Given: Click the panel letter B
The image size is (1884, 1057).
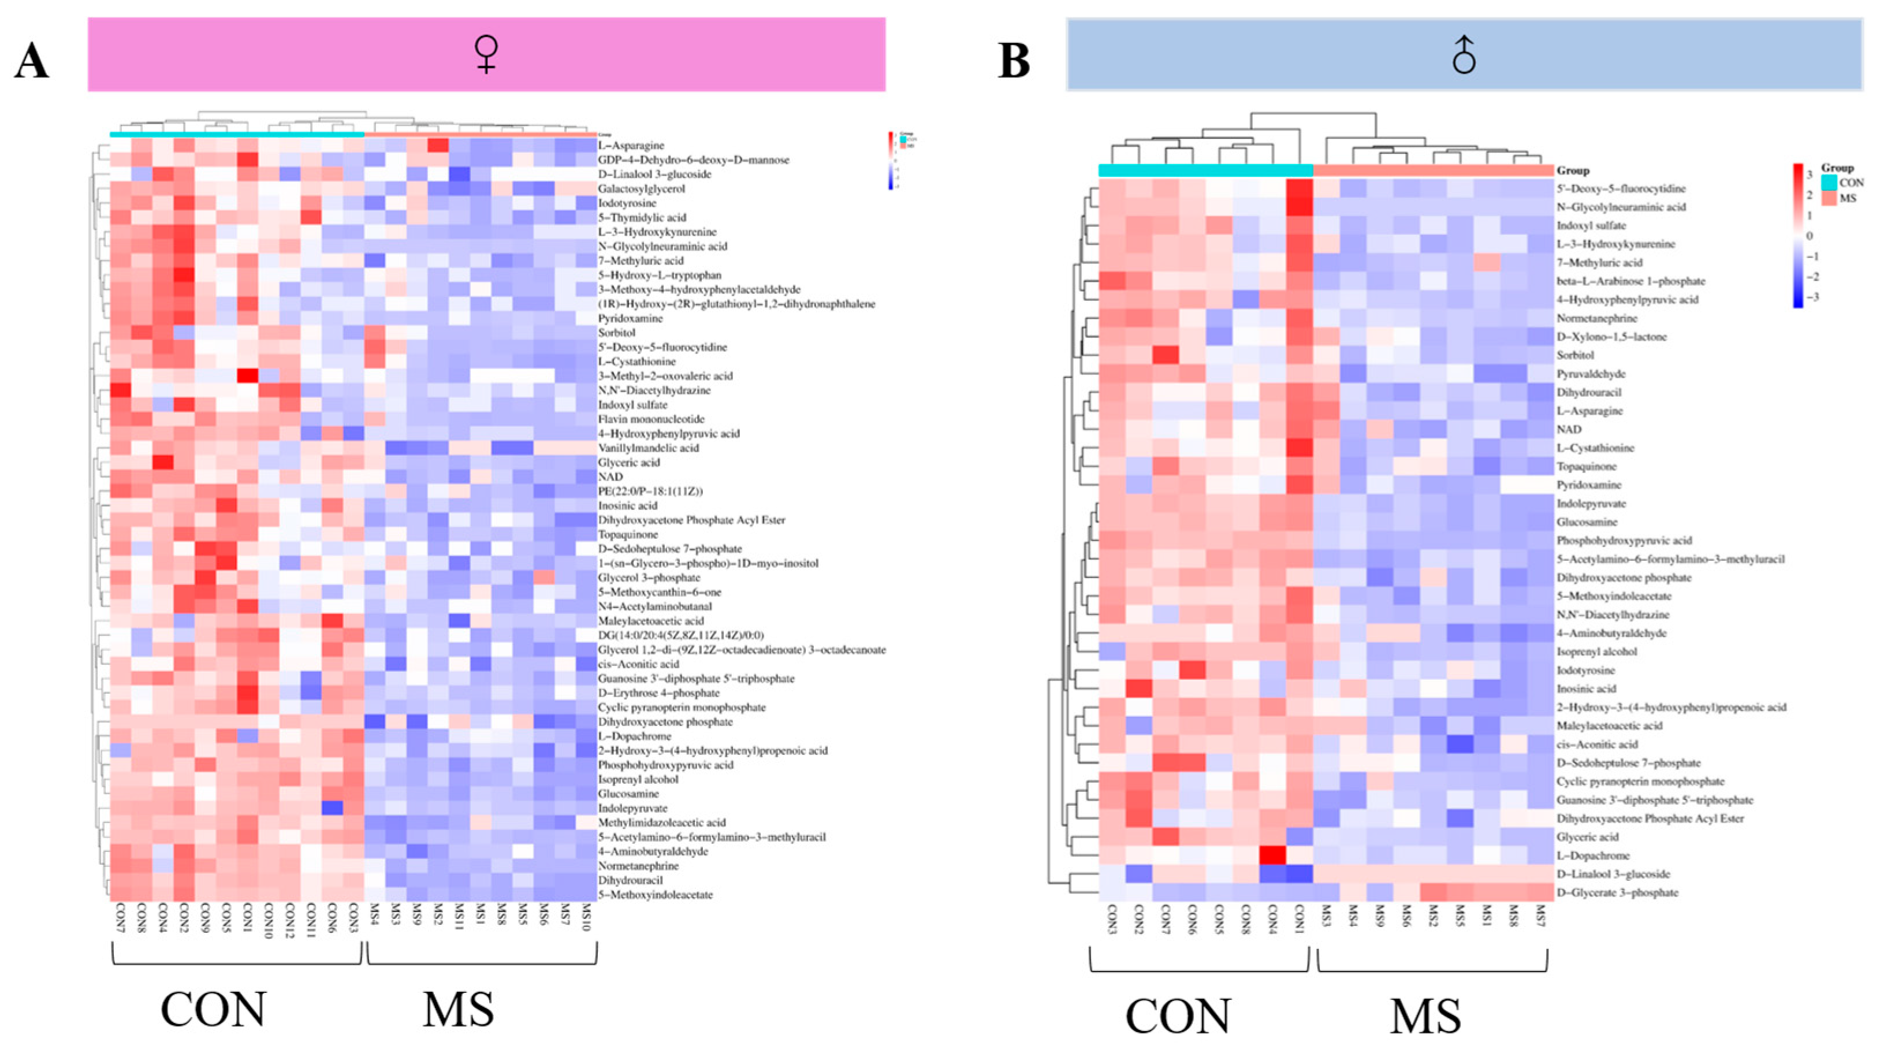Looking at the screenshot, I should [1014, 61].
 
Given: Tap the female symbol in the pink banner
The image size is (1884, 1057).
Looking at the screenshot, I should [486, 55].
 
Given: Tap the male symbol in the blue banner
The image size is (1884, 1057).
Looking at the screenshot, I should [1464, 55].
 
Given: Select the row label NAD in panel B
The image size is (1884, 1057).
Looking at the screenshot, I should [1569, 429].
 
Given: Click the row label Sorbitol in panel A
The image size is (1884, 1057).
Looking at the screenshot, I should [616, 333].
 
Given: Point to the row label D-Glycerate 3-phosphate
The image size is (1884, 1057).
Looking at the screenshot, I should [1617, 892].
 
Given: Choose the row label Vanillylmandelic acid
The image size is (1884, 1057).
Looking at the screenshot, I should [648, 448].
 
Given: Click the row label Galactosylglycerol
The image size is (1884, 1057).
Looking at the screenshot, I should [642, 189].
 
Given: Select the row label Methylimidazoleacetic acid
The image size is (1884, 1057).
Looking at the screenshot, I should [662, 822].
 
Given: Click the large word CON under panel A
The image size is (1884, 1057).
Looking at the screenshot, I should [214, 1010].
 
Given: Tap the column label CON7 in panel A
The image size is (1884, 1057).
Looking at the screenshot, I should [121, 917].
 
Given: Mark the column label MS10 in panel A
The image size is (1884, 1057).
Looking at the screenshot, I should [586, 917].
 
